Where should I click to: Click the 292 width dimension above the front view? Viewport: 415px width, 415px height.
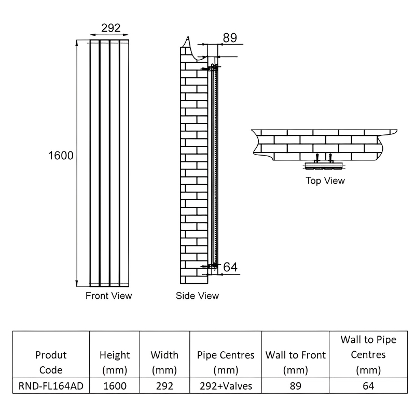click(110, 28)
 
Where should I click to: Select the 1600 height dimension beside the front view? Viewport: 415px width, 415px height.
click(60, 155)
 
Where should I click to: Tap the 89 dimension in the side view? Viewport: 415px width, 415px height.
click(230, 37)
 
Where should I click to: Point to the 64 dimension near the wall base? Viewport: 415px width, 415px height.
click(230, 267)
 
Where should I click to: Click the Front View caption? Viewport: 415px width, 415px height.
click(109, 296)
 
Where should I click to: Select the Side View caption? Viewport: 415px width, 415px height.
click(198, 296)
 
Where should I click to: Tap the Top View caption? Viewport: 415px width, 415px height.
click(325, 181)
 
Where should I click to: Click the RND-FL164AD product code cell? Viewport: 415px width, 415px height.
click(51, 386)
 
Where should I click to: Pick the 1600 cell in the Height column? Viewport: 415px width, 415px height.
click(115, 386)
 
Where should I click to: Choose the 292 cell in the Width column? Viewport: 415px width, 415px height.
click(164, 386)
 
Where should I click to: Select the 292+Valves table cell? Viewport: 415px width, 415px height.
click(226, 386)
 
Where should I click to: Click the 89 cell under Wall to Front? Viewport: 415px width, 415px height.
click(295, 386)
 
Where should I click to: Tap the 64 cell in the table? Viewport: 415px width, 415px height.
click(368, 386)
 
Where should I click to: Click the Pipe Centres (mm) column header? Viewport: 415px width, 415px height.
click(226, 363)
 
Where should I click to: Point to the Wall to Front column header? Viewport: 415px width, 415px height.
click(295, 363)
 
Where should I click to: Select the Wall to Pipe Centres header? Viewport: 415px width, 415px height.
click(368, 355)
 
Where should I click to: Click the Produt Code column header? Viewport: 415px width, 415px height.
click(51, 363)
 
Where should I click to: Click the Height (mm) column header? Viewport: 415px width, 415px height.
click(115, 363)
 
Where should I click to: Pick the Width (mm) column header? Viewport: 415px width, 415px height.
click(164, 363)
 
